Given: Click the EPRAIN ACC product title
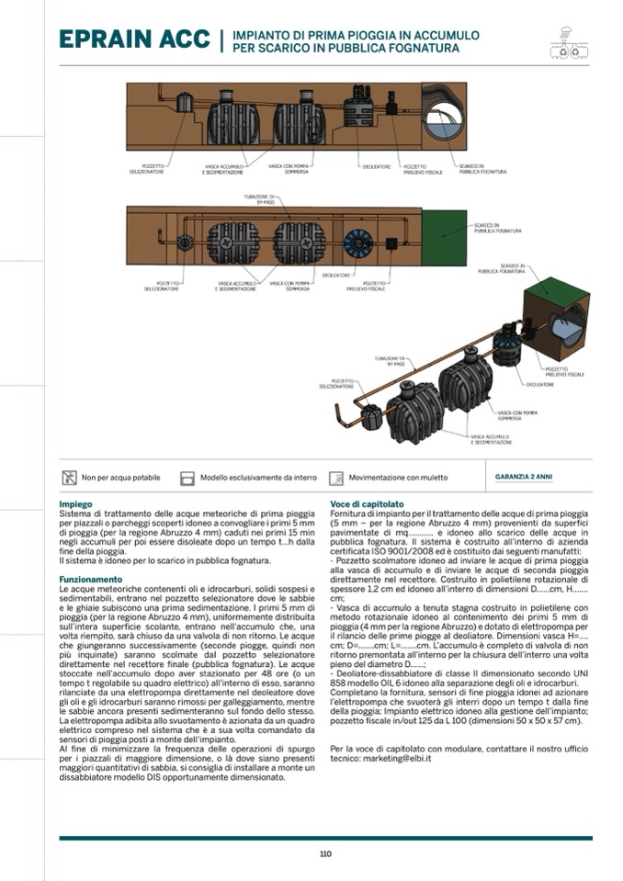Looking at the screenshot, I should (134, 40).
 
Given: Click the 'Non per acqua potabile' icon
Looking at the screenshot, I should (68, 478).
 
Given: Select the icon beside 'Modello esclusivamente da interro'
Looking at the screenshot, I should (187, 478).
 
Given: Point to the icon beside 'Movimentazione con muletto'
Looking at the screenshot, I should (335, 478).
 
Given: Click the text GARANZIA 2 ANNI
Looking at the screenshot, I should (524, 478).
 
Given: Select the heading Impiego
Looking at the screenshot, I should (75, 504).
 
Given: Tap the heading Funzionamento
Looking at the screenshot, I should (90, 580).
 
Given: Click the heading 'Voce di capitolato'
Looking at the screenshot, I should (367, 504).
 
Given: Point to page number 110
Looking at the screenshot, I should (325, 853).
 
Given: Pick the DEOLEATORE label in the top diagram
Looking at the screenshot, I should (377, 167).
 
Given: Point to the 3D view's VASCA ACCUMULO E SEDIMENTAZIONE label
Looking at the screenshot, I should (491, 439).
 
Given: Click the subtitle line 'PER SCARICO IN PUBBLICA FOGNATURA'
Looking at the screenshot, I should (356, 46).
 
